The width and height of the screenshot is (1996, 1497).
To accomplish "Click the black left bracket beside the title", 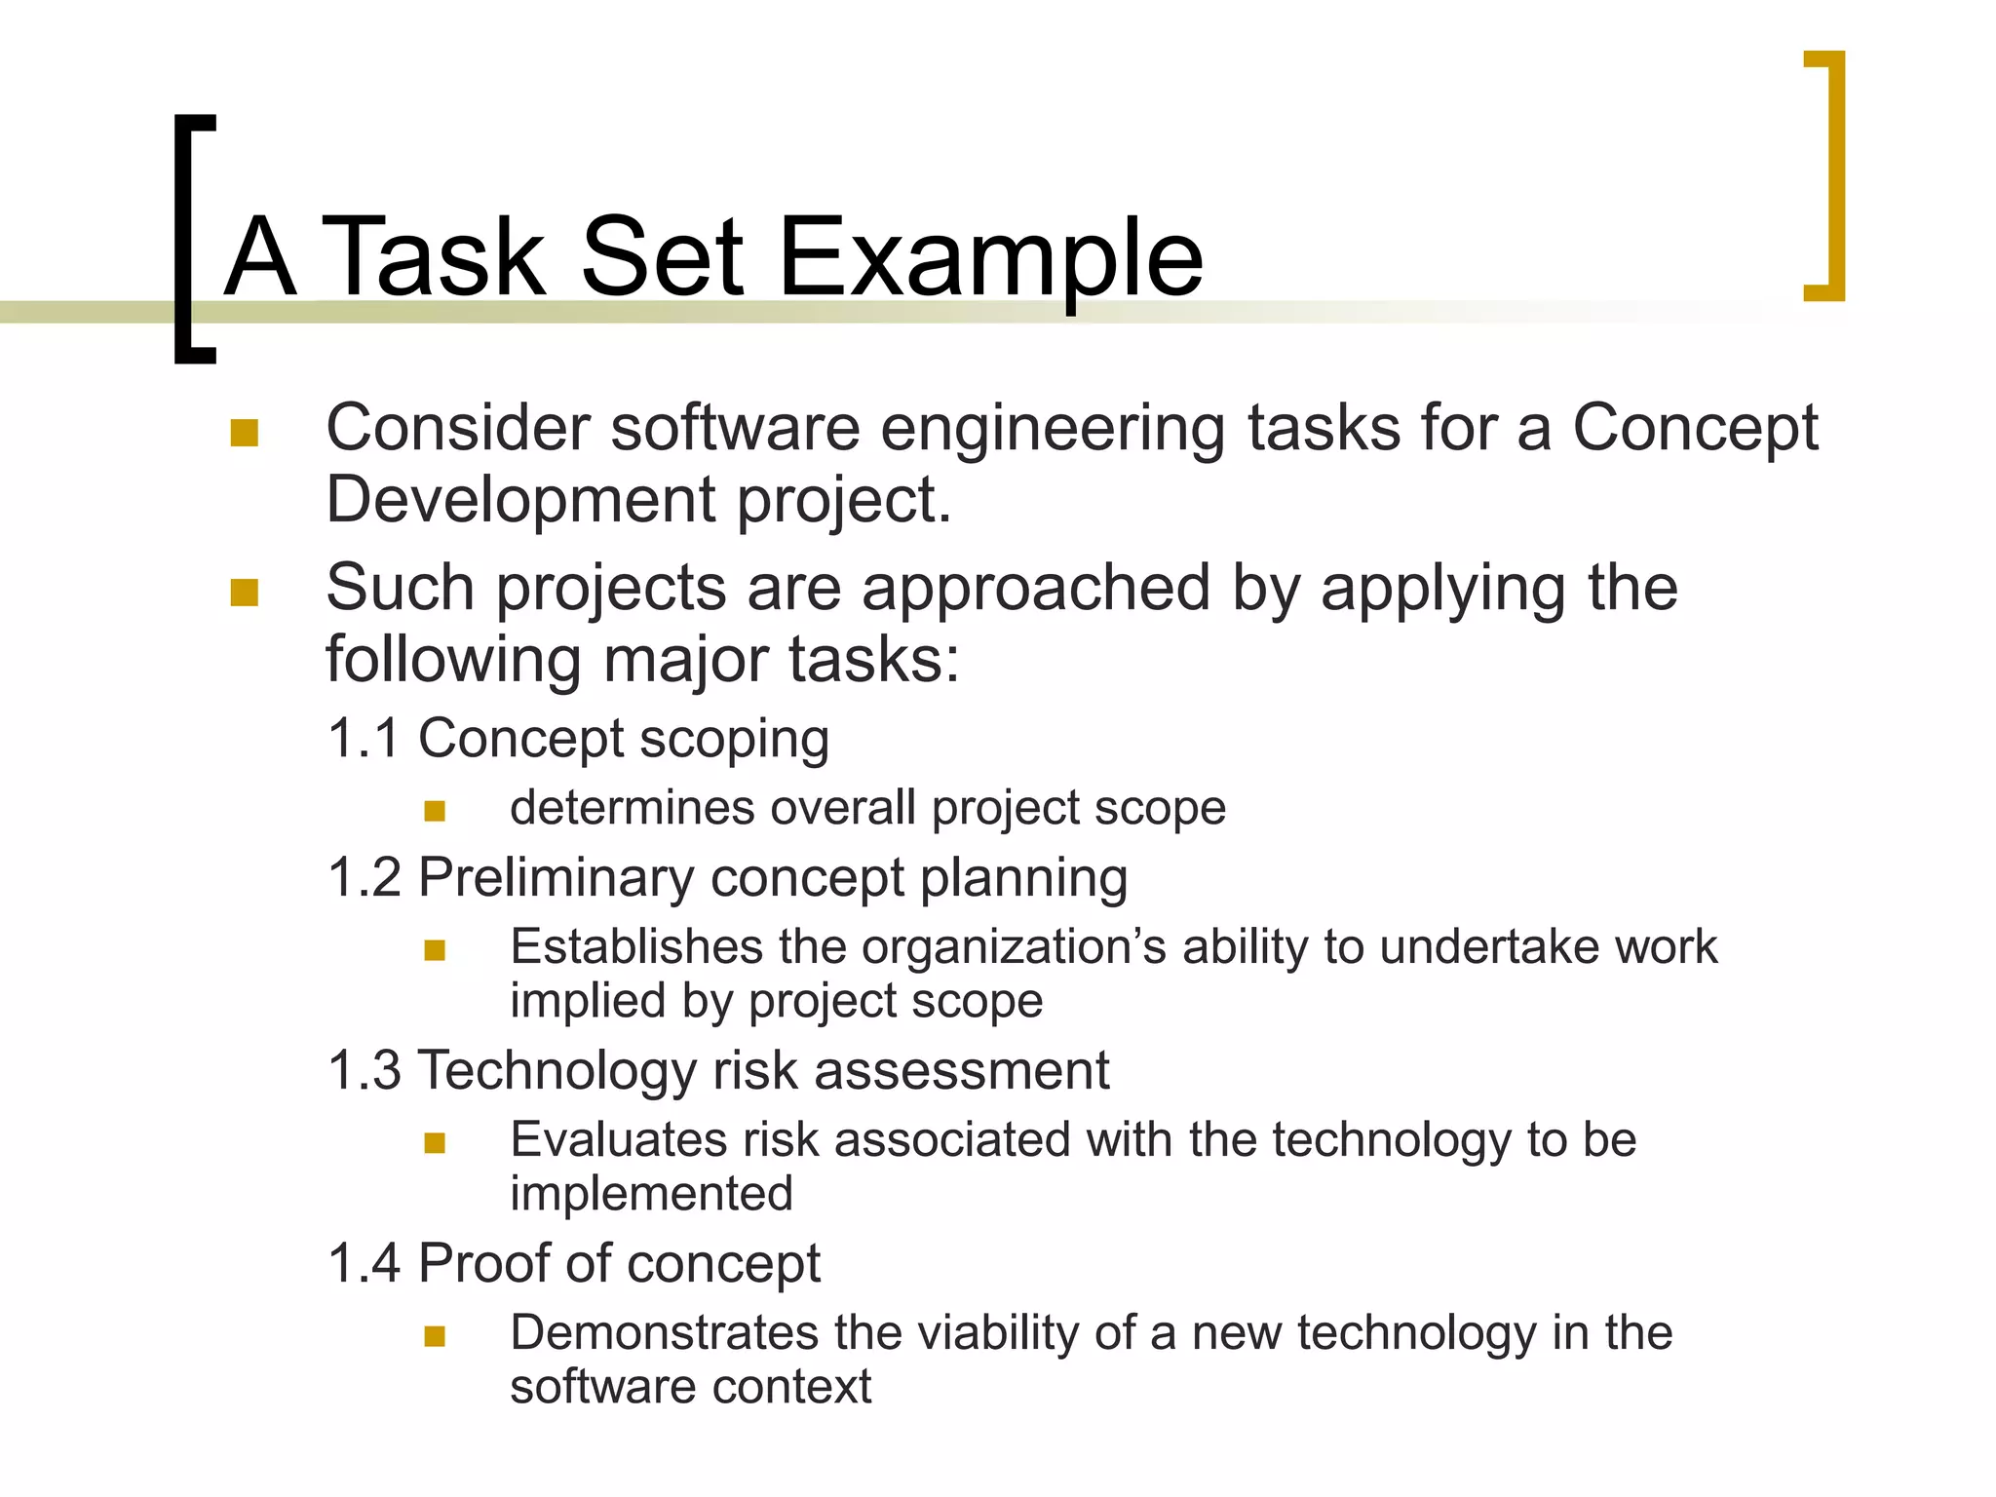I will tap(185, 239).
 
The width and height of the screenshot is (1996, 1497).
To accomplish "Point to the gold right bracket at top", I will tap(1832, 175).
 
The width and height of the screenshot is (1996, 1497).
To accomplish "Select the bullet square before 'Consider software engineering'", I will tap(244, 432).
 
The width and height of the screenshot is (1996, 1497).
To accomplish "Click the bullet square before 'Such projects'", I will tap(244, 592).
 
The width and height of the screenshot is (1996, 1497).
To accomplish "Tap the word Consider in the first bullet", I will tap(458, 429).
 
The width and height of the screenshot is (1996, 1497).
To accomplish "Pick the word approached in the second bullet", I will tap(1037, 589).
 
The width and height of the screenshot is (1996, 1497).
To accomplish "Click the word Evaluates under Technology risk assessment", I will tap(617, 1139).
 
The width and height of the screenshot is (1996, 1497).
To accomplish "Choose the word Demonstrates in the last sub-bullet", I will tap(664, 1332).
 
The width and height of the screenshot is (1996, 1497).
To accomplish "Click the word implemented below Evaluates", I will tap(651, 1194).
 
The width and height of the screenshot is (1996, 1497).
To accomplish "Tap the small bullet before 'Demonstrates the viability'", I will tap(435, 1336).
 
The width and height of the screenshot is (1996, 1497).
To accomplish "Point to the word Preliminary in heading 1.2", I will tap(556, 877).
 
